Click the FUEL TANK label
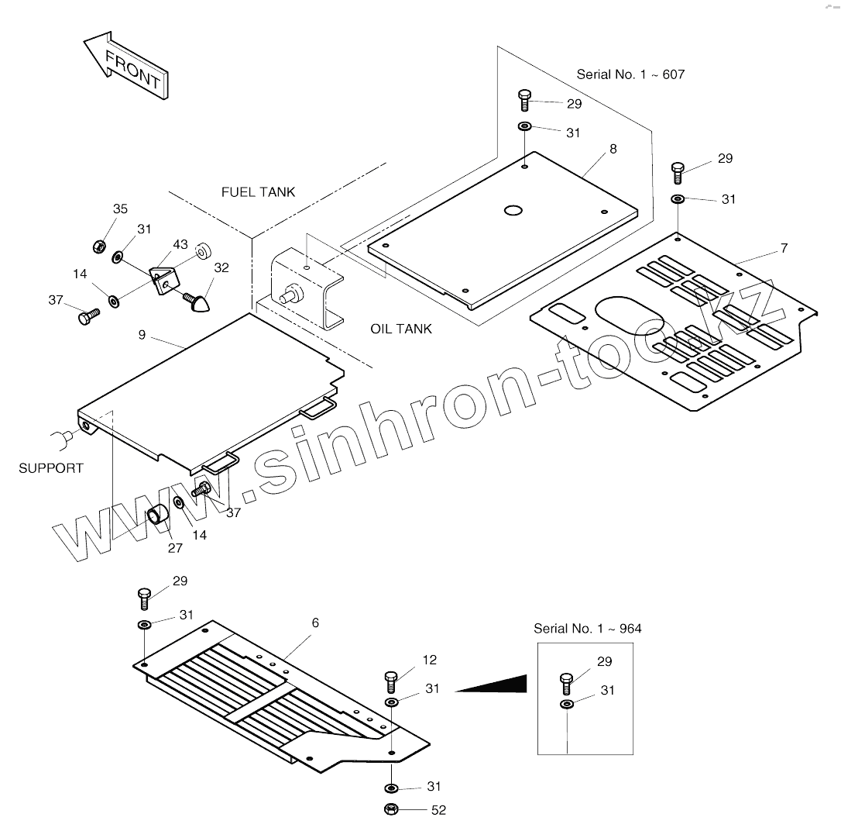(x=258, y=192)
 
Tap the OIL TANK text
(x=400, y=329)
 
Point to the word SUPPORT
(x=51, y=468)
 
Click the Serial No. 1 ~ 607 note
(x=630, y=74)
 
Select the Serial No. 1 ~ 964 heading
(x=587, y=629)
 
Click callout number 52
(x=438, y=811)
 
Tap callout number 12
(x=430, y=660)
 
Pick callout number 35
(x=120, y=209)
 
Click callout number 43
(x=180, y=245)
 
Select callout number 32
(x=221, y=268)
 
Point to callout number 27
(x=175, y=548)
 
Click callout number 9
(x=142, y=336)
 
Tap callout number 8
(x=613, y=149)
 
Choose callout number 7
(x=784, y=249)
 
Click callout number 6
(x=315, y=623)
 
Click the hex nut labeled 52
(x=392, y=810)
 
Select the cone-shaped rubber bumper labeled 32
(x=198, y=301)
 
